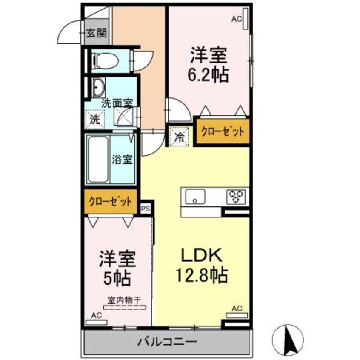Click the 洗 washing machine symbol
tap(94, 119)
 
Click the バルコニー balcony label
tap(167, 341)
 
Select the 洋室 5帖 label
tap(118, 268)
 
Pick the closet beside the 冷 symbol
tap(222, 132)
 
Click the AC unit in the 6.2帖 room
tap(245, 19)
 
